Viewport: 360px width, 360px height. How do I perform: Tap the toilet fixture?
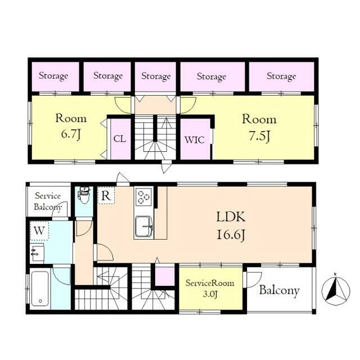[84, 195]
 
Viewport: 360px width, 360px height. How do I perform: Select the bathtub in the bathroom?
[40, 289]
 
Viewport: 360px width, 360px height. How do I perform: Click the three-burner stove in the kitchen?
[144, 197]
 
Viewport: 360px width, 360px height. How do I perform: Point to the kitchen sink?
[144, 227]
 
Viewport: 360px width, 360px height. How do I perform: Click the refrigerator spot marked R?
[106, 195]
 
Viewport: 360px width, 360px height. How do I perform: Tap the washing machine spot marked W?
[39, 230]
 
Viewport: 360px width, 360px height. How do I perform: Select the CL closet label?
[120, 139]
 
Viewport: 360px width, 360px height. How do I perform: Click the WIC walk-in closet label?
[195, 139]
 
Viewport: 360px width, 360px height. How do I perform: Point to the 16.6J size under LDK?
[231, 235]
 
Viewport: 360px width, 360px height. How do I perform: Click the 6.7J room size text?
[71, 134]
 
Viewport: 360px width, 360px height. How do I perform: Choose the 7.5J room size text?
[259, 136]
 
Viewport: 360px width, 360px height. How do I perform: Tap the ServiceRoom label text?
[210, 283]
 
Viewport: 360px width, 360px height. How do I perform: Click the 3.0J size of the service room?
[210, 294]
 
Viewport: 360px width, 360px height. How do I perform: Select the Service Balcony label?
[48, 201]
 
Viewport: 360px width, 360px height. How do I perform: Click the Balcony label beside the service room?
[279, 290]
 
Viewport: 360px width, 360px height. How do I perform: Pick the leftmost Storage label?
[53, 76]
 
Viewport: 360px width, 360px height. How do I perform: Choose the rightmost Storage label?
[281, 76]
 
